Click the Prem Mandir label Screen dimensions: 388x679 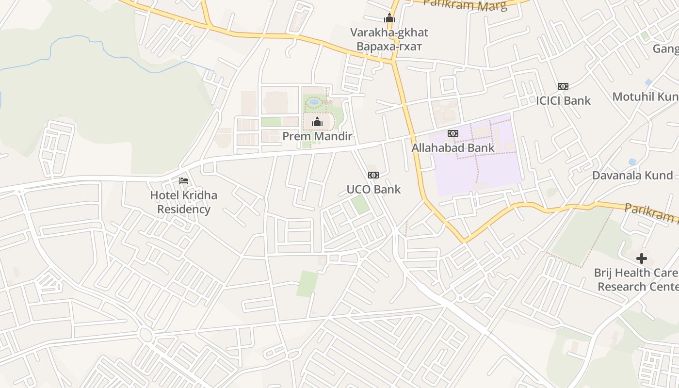click(317, 136)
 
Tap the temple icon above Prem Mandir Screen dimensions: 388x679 click(317, 122)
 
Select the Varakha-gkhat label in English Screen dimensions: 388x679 click(389, 33)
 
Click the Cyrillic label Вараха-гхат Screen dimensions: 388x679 click(389, 47)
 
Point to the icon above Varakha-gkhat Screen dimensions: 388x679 click(389, 18)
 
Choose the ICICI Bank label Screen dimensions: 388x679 click(563, 100)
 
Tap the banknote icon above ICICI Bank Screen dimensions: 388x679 click(563, 86)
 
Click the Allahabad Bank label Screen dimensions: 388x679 click(453, 147)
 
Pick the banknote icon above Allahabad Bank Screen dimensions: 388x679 click(453, 133)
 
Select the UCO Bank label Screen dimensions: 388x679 click(373, 189)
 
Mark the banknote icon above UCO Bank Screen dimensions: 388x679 click(373, 175)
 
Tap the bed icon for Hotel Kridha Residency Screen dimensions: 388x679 click(184, 181)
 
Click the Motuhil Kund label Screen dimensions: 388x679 click(645, 97)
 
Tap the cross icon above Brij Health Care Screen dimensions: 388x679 click(642, 259)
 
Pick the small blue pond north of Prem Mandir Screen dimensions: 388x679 click(314, 102)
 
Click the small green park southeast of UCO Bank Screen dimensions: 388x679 click(360, 204)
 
